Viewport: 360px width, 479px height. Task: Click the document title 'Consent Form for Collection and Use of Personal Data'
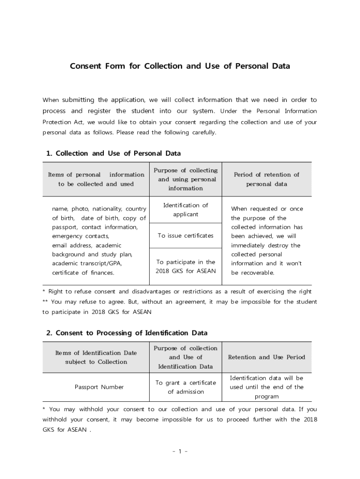[180, 66]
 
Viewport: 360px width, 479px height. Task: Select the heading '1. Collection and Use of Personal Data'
[114, 153]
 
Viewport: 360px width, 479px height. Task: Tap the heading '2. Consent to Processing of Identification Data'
[127, 333]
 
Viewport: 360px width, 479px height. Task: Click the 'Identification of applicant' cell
[186, 210]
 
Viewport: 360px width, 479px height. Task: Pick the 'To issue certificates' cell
[186, 236]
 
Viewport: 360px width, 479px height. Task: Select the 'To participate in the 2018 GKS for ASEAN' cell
[186, 267]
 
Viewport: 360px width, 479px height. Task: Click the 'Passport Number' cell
[99, 387]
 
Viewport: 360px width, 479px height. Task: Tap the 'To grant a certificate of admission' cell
[186, 387]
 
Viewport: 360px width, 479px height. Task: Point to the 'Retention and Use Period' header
[266, 357]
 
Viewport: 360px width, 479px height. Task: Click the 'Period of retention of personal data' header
[266, 179]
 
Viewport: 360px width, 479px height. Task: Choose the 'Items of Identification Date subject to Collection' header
[96, 357]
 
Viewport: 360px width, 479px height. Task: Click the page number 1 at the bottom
[180, 451]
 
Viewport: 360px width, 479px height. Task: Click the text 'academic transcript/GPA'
[86, 263]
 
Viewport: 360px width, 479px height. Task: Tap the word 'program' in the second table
[266, 396]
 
